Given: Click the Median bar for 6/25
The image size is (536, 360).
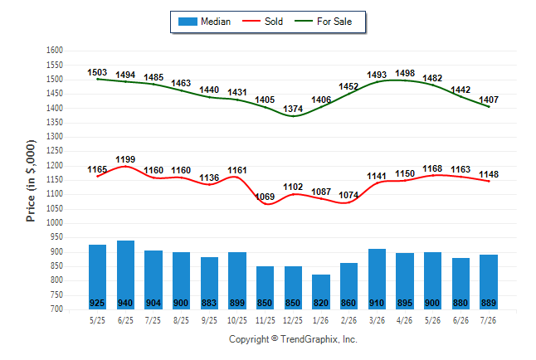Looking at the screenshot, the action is tap(125, 275).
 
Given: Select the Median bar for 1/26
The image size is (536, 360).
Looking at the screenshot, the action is tap(321, 292).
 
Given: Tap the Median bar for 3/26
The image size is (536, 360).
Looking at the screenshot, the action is tap(377, 279).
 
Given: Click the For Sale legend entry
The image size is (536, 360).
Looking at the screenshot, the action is tap(323, 22).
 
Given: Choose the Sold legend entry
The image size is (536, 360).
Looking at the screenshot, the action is tap(262, 22).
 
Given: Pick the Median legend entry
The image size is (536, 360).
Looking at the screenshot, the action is tap(204, 22).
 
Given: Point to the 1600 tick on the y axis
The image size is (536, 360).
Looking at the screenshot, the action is tap(55, 51).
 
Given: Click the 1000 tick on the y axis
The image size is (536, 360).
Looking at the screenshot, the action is tap(55, 223).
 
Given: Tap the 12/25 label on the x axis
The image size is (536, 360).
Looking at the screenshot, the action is tap(293, 320).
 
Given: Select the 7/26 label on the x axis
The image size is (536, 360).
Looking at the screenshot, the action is tap(488, 320).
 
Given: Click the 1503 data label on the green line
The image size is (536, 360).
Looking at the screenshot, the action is tap(97, 72).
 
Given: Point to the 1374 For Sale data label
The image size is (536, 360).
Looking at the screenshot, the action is tap(293, 109).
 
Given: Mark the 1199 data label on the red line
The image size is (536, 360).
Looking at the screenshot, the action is tap(125, 159).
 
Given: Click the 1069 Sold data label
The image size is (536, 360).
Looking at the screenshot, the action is tap(266, 197).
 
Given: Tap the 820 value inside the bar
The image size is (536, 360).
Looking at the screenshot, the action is tap(321, 304).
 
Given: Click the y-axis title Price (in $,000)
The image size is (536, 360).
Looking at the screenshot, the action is tap(31, 181).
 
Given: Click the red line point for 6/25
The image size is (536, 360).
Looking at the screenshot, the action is tap(125, 167).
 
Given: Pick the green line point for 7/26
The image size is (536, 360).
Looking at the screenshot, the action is tap(489, 107).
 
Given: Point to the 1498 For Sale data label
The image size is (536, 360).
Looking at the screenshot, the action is tap(405, 74).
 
